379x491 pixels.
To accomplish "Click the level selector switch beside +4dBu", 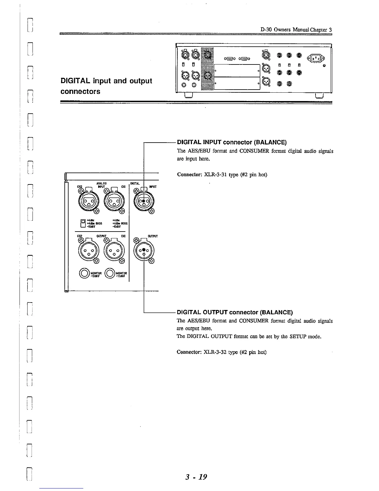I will point(83,223).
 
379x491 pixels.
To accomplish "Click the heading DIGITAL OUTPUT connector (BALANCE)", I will point(235,312).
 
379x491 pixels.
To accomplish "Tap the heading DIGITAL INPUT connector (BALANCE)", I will point(232,143).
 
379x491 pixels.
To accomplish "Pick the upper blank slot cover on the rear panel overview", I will point(237,70).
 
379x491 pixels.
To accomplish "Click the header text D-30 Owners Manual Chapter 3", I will point(296,30).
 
